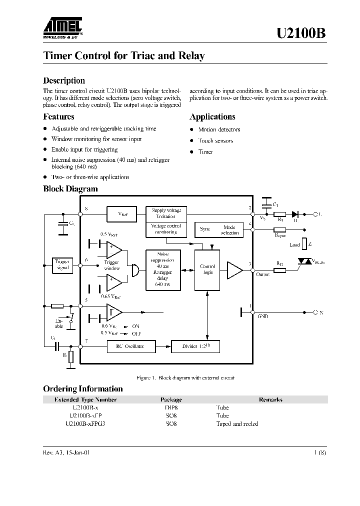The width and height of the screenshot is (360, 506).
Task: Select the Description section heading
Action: coord(64,80)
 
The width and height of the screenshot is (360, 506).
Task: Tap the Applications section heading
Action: coord(212,116)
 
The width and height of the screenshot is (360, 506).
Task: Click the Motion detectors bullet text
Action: coord(219,129)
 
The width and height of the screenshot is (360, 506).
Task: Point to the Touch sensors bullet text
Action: coord(215,141)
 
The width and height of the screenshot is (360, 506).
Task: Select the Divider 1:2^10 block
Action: coord(195,346)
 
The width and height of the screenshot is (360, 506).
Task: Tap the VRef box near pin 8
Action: coord(123,214)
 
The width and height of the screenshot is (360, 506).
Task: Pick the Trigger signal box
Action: coord(63,264)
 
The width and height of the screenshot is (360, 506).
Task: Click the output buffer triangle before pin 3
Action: coord(233,269)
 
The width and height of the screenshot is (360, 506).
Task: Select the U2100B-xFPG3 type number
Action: coord(85,423)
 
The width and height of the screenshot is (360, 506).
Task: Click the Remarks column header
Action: coord(270,400)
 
